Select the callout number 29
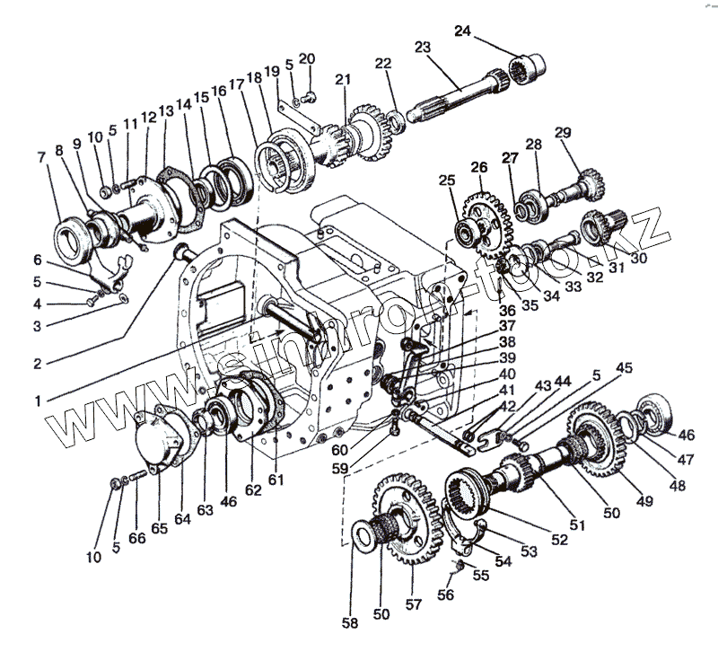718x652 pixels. pyautogui.click(x=563, y=133)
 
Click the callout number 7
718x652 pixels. pyautogui.click(x=41, y=157)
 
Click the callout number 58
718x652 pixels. pyautogui.click(x=348, y=621)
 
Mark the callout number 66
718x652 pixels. pyautogui.click(x=136, y=537)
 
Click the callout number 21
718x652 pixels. pyautogui.click(x=341, y=80)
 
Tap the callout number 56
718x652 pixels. pyautogui.click(x=446, y=594)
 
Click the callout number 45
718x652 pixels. pyautogui.click(x=624, y=366)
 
